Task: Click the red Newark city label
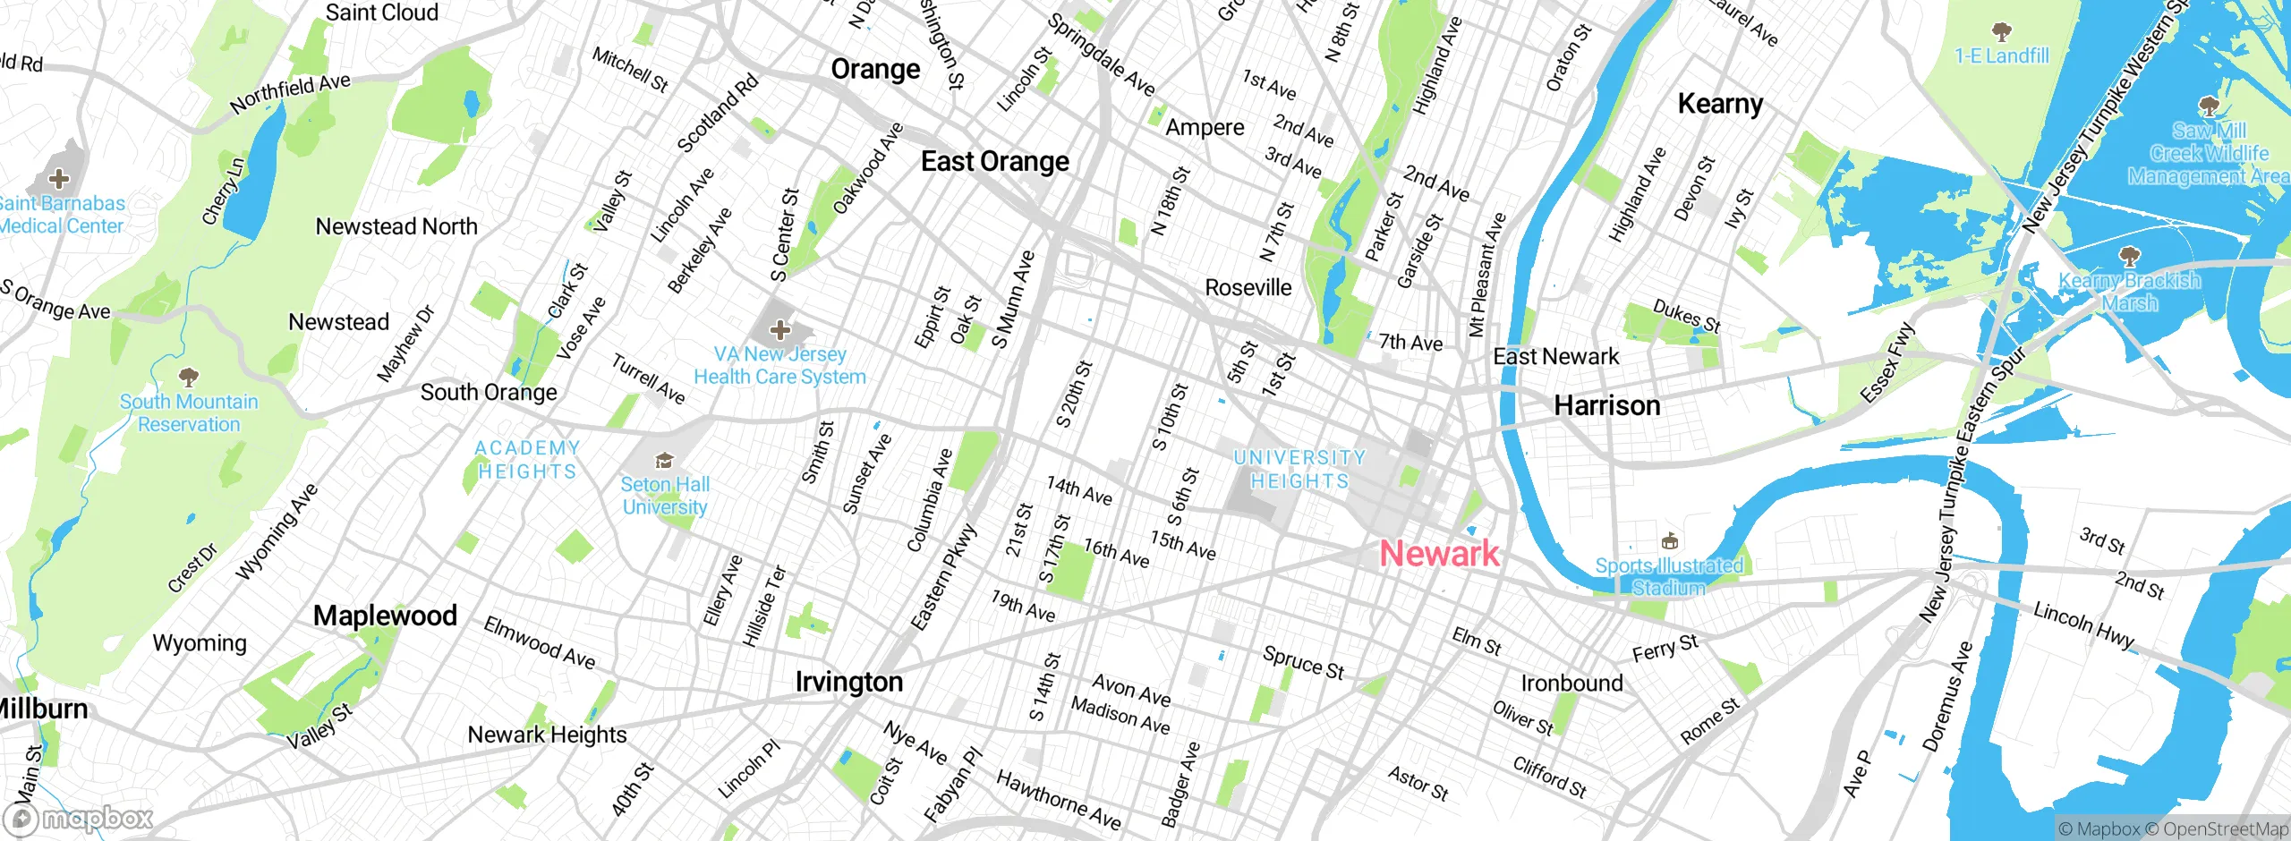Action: (1439, 554)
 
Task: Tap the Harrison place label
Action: (1607, 406)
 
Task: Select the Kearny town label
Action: (1720, 104)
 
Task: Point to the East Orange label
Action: (995, 162)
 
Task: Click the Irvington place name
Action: (849, 683)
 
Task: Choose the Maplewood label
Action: (385, 616)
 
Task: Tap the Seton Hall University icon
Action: (664, 461)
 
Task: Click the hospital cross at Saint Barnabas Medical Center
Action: (59, 179)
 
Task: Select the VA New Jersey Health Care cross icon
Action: (780, 330)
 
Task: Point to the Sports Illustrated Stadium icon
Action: (1669, 541)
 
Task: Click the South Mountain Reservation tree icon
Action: (188, 377)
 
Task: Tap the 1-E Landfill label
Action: (2001, 56)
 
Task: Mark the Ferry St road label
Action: (1665, 648)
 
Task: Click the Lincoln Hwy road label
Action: (2083, 624)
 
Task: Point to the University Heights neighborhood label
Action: (1299, 470)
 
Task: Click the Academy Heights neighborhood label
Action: (527, 460)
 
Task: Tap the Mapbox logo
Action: (79, 819)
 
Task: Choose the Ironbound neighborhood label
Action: (1571, 684)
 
